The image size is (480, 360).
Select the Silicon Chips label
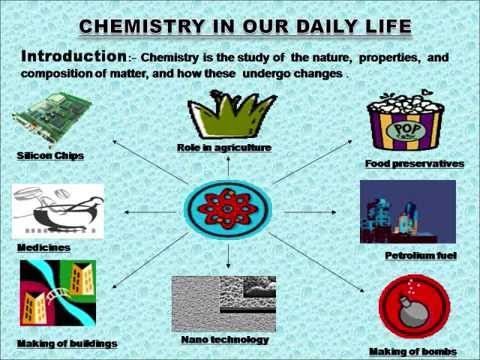(49, 157)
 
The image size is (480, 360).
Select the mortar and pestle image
(50, 211)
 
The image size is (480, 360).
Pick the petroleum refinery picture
(407, 213)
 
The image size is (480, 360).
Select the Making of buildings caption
(67, 343)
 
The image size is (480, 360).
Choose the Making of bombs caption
(412, 351)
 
